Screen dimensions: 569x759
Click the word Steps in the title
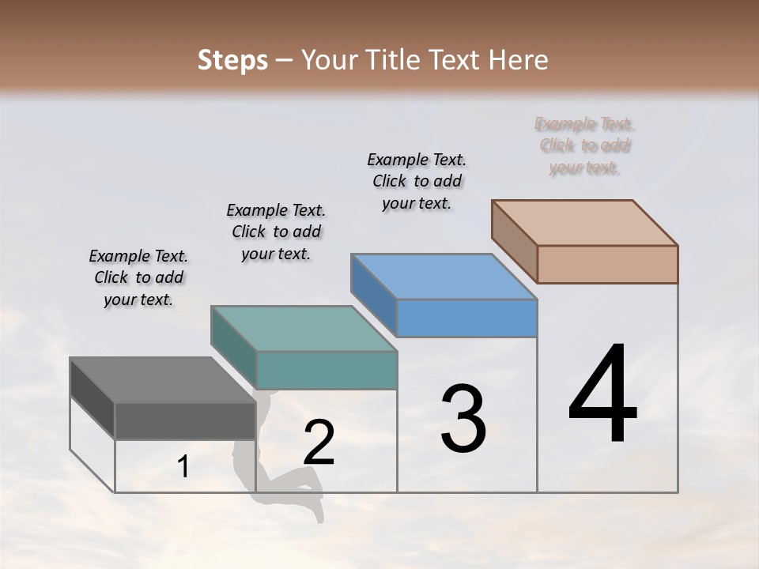point(232,60)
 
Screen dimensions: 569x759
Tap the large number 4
point(602,395)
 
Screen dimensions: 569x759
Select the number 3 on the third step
point(463,419)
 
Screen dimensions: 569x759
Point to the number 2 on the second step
point(319,443)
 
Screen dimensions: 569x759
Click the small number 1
point(183,467)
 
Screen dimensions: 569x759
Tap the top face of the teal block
point(303,329)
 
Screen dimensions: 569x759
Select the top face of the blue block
point(444,277)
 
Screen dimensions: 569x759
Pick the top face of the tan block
point(584,223)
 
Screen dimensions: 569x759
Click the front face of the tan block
point(607,264)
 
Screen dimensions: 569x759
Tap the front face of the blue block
point(466,318)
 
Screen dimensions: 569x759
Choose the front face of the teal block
point(326,370)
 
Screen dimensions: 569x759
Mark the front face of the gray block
point(185,420)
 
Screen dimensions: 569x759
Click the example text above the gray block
point(138,277)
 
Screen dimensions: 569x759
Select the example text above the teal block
point(276,232)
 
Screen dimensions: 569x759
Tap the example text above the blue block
point(417,181)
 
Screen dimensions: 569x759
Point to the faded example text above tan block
point(584,145)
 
